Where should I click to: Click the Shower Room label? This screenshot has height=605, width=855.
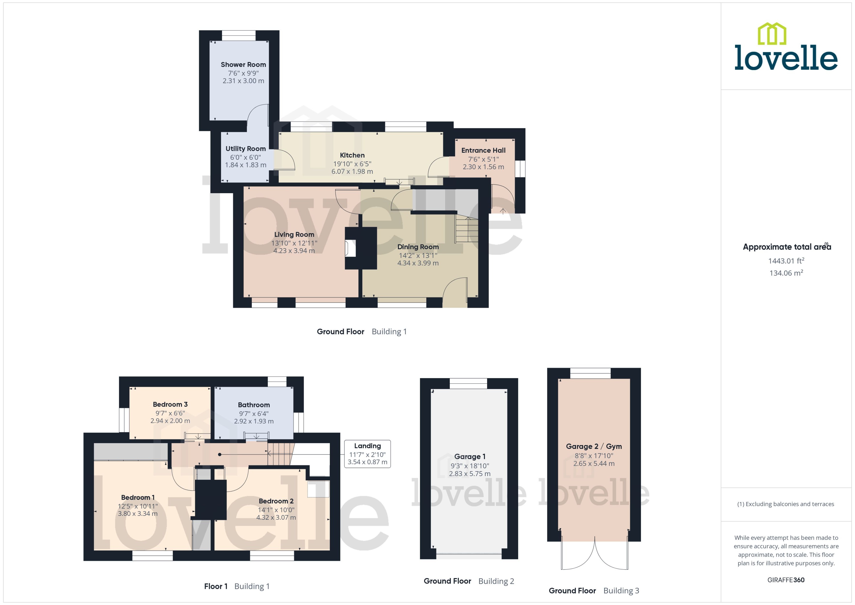pos(243,64)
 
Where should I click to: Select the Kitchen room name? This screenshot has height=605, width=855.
pos(352,155)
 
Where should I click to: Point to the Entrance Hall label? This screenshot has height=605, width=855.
pos(483,150)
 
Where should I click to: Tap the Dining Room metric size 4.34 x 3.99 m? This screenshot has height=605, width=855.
pos(418,263)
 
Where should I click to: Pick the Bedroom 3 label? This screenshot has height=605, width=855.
pos(170,404)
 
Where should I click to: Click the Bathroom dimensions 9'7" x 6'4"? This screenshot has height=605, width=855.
pos(254,414)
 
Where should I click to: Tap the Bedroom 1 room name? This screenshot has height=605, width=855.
pos(138,497)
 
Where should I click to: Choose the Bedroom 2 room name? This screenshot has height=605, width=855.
pos(276,501)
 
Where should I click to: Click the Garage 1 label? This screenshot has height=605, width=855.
pos(470,456)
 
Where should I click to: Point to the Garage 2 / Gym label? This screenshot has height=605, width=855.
pos(593,446)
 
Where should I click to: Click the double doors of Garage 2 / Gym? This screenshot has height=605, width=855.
pos(595,555)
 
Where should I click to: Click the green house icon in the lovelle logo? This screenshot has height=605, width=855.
pos(772,34)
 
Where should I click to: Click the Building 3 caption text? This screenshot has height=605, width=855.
pos(621,591)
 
